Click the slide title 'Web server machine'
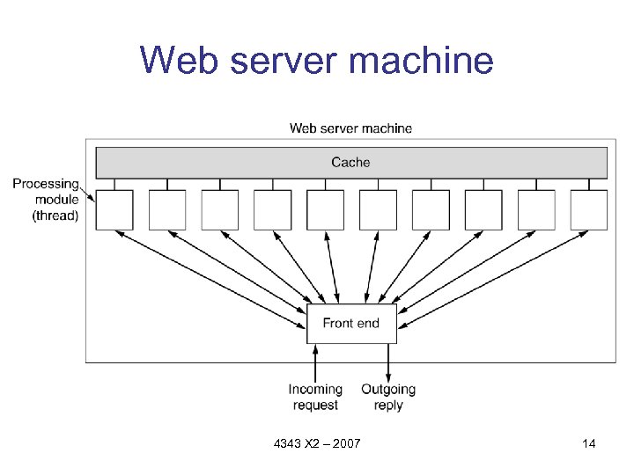click(x=317, y=62)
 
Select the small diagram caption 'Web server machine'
click(x=350, y=128)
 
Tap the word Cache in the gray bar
click(x=350, y=162)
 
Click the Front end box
click(x=351, y=324)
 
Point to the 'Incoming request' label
click(x=315, y=397)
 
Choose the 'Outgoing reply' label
click(x=388, y=397)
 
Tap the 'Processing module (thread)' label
click(x=45, y=200)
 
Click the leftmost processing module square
click(x=114, y=210)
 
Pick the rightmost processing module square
click(x=589, y=210)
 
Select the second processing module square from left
click(x=167, y=210)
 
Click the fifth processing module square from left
click(x=325, y=210)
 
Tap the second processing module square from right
click(x=536, y=210)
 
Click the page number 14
click(x=589, y=443)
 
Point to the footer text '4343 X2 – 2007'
click(x=317, y=443)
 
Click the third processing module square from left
click(x=220, y=210)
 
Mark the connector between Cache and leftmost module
click(x=114, y=185)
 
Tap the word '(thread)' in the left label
click(x=55, y=216)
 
